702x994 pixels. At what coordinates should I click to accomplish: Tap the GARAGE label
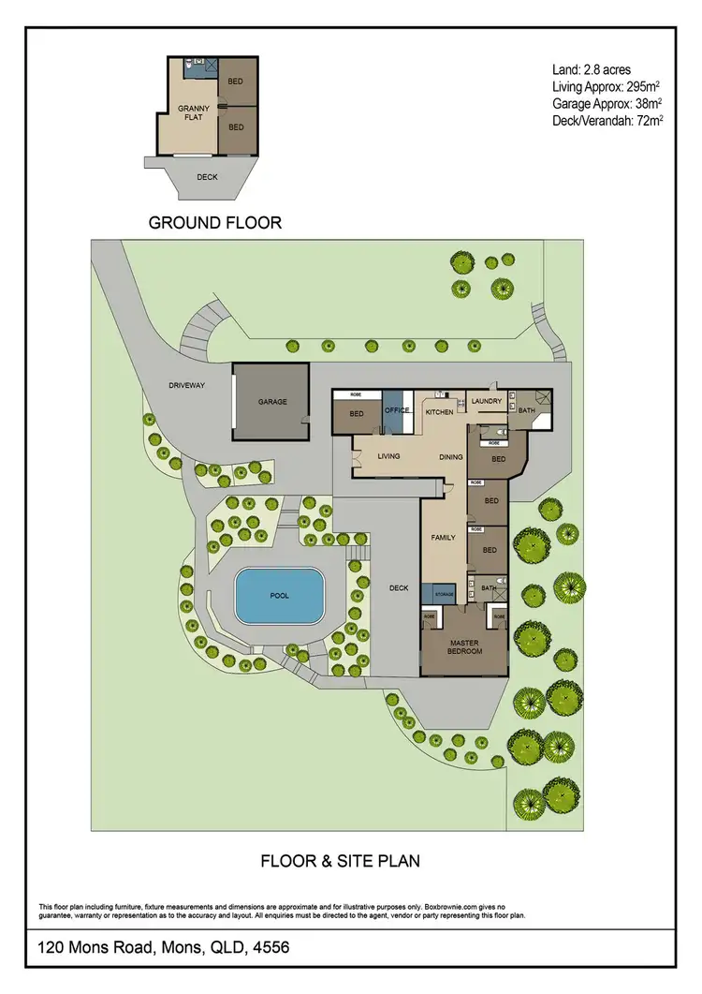[272, 402]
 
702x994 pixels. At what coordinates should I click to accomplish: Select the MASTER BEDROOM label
[463, 646]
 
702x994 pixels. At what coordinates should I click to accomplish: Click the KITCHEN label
[439, 412]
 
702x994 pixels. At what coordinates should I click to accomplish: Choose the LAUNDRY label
[487, 402]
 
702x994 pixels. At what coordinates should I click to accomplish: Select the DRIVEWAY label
[186, 385]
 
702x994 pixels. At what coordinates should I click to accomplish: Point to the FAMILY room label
[442, 539]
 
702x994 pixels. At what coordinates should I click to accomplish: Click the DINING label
[452, 457]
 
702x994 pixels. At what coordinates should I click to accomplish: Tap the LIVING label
[388, 457]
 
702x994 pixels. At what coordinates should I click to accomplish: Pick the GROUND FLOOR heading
[215, 223]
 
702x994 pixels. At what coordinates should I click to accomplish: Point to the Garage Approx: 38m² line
[607, 103]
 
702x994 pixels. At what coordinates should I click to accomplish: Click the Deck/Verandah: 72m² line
[607, 120]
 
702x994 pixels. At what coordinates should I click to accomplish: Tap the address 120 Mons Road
[164, 948]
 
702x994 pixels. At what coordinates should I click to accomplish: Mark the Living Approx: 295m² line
[606, 86]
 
